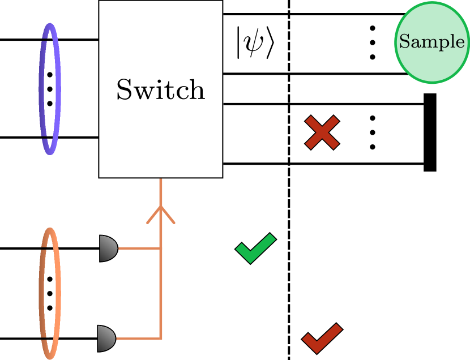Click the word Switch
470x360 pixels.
coord(161,89)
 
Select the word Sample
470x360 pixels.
coord(431,41)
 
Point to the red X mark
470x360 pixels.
coord(322,132)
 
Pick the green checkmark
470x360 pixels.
coord(255,248)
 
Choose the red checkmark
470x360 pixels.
coord(322,338)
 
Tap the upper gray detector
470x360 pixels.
coord(108,248)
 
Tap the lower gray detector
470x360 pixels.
coord(106,338)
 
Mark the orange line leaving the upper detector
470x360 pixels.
coord(139,248)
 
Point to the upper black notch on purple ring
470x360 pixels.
coord(44,41)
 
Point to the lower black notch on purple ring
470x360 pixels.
coord(44,136)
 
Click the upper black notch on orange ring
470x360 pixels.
coord(43,248)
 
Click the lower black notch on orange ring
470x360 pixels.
coord(43,338)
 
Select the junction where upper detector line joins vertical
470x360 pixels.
coord(161,248)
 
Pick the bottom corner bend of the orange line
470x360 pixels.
coord(161,338)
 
